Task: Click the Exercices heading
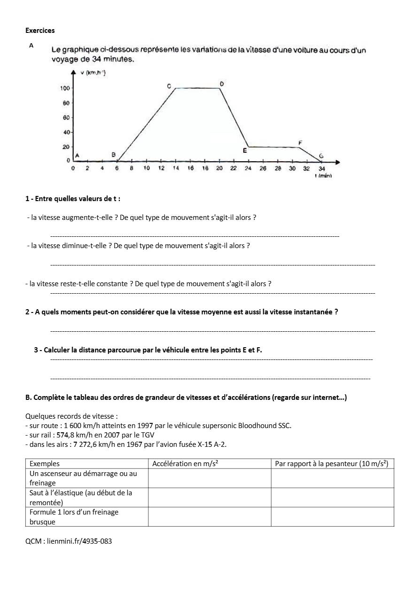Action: click(x=40, y=31)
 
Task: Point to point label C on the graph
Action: click(x=169, y=86)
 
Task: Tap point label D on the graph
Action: click(x=222, y=84)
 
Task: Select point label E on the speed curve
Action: click(x=245, y=150)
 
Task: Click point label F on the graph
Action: click(x=300, y=142)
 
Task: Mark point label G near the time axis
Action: click(x=321, y=156)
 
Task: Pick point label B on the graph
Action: click(x=113, y=154)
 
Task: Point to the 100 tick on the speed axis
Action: click(x=65, y=88)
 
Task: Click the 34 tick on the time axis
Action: click(x=321, y=168)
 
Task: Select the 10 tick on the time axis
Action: click(x=147, y=168)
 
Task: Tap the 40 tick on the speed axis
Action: click(x=66, y=132)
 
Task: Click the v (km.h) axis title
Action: click(x=93, y=72)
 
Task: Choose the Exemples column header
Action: click(x=45, y=464)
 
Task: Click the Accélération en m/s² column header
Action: click(x=186, y=464)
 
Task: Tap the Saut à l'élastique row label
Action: click(x=80, y=498)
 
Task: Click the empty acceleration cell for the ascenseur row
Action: click(x=209, y=478)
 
